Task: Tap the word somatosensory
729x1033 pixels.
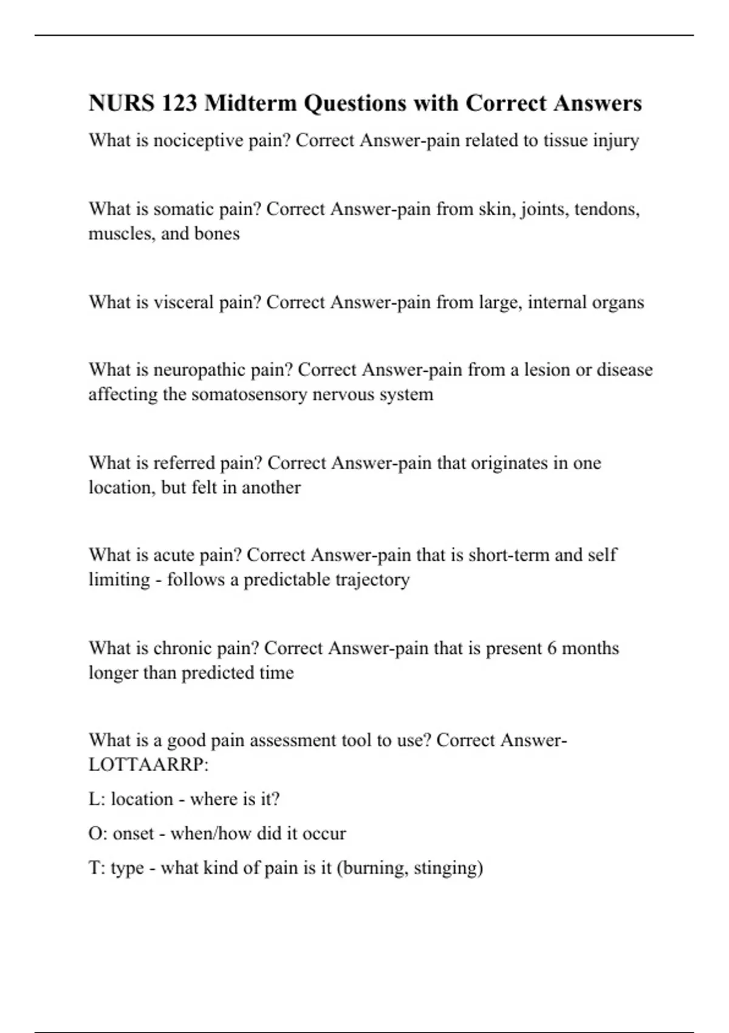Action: tap(249, 394)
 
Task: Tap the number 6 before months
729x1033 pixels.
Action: tap(552, 648)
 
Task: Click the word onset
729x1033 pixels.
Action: tap(133, 833)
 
